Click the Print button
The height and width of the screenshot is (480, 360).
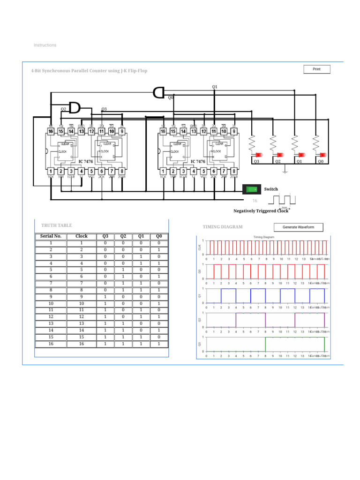(317, 69)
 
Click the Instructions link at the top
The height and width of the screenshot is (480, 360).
(45, 45)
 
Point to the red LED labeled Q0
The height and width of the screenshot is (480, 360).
(323, 154)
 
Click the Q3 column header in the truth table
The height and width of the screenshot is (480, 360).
(105, 236)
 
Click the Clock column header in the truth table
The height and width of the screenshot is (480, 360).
(82, 236)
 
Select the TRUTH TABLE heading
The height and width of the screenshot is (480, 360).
(57, 225)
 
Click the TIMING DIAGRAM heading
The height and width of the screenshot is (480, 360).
(223, 227)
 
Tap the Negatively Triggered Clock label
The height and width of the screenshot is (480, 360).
(261, 211)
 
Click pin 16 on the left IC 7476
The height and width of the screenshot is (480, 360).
(51, 132)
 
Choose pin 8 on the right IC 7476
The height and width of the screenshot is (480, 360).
(234, 172)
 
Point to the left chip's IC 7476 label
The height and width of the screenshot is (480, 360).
(86, 161)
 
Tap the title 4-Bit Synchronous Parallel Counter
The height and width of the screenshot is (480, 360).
(89, 71)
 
